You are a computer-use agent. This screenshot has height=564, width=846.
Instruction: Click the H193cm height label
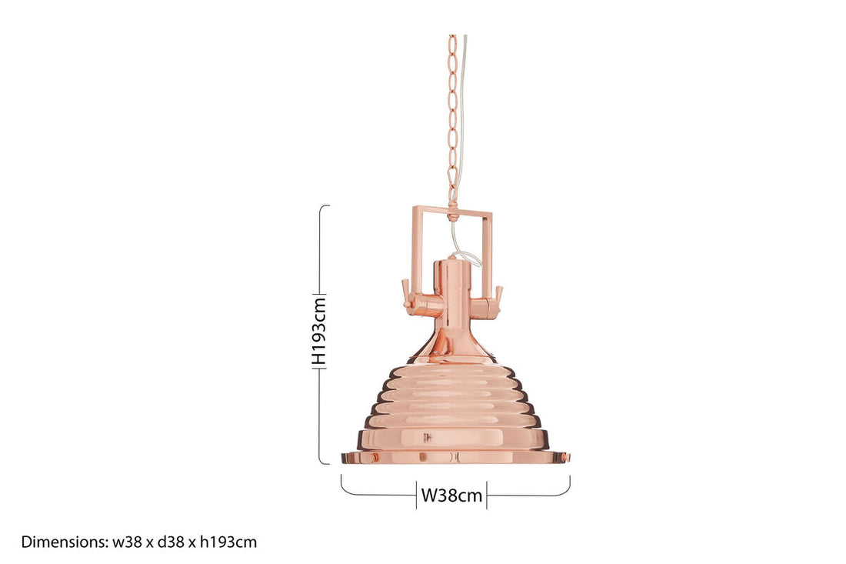pos(320,332)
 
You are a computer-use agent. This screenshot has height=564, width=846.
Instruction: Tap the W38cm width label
pos(451,496)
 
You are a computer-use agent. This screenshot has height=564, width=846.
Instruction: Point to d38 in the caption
pos(172,542)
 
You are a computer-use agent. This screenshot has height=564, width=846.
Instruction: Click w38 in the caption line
pos(128,542)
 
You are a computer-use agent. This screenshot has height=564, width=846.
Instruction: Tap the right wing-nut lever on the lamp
pos(498,295)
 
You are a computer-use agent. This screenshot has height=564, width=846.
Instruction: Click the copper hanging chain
pos(452,115)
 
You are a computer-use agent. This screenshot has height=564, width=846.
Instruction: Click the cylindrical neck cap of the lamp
pos(451,281)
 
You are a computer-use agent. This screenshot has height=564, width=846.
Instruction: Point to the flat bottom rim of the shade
pos(455,457)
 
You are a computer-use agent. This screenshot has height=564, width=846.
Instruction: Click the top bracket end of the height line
pos(325,206)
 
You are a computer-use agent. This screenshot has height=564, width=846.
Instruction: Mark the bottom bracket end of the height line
pos(325,463)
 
